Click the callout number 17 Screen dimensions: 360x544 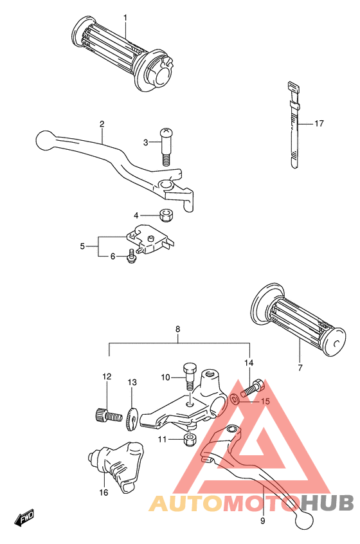pyautogui.click(x=319, y=123)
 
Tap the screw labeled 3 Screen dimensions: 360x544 pyautogui.click(x=166, y=147)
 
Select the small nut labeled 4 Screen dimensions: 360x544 pyautogui.click(x=166, y=215)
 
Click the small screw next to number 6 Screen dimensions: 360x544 pyautogui.click(x=131, y=256)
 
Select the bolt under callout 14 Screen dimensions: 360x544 pyautogui.click(x=253, y=388)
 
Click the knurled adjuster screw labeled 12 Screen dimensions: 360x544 pyautogui.click(x=109, y=415)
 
